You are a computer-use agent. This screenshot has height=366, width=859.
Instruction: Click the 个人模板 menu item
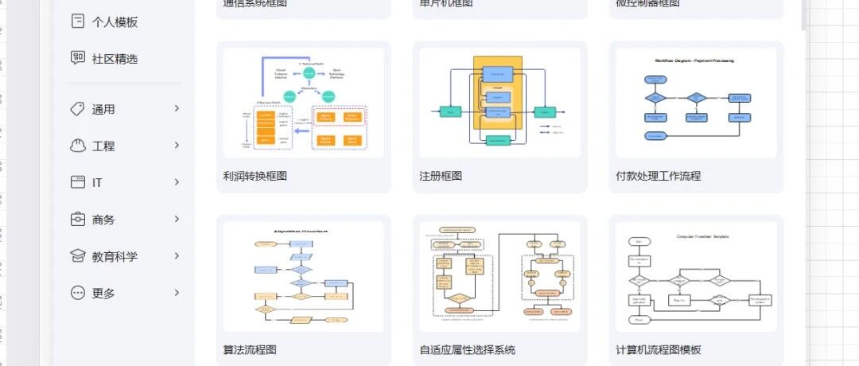pyautogui.click(x=115, y=22)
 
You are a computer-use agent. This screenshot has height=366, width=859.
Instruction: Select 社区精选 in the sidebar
pyautogui.click(x=115, y=59)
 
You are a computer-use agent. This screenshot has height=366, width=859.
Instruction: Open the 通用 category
pyautogui.click(x=103, y=110)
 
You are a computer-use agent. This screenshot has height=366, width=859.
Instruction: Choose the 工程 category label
pyautogui.click(x=103, y=146)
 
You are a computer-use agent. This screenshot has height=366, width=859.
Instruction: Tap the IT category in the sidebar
pyautogui.click(x=97, y=183)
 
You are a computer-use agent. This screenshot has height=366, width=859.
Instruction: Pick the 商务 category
pyautogui.click(x=103, y=220)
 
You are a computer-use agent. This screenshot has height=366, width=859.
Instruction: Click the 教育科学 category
pyautogui.click(x=115, y=256)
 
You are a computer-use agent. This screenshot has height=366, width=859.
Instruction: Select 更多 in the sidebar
pyautogui.click(x=103, y=293)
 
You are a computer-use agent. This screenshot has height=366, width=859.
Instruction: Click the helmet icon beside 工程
pyautogui.click(x=78, y=146)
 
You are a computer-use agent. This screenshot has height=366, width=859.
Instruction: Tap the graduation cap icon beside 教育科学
pyautogui.click(x=78, y=256)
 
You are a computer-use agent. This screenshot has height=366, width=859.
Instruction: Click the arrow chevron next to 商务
pyautogui.click(x=177, y=219)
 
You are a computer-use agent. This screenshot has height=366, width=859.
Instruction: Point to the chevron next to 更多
pyautogui.click(x=177, y=292)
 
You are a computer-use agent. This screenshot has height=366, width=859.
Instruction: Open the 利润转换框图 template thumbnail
pyautogui.click(x=304, y=103)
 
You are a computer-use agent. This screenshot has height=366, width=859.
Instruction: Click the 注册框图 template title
pyautogui.click(x=441, y=176)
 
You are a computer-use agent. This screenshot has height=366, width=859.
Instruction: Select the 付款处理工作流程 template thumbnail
pyautogui.click(x=696, y=103)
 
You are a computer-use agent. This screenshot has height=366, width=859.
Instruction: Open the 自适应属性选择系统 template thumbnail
pyautogui.click(x=499, y=276)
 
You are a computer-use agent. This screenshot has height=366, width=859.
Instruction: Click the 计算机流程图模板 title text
pyautogui.click(x=659, y=349)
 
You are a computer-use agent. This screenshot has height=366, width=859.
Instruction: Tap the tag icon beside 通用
pyautogui.click(x=78, y=109)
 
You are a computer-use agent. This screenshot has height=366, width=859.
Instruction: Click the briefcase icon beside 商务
pyautogui.click(x=78, y=219)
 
